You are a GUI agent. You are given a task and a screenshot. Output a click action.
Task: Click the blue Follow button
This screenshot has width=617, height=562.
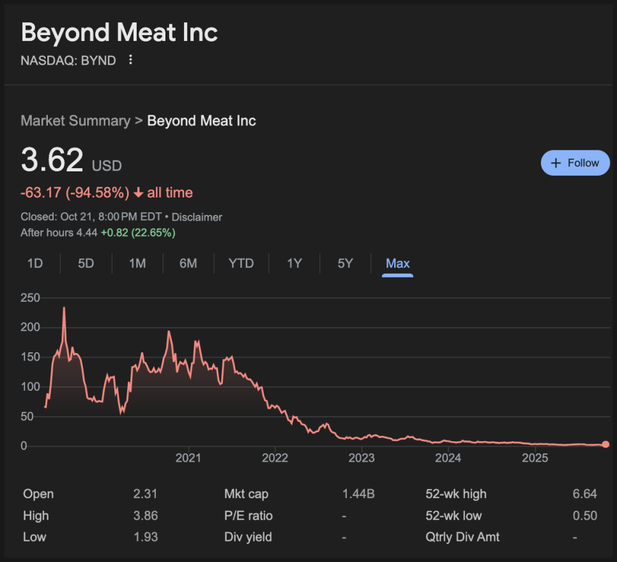coord(575,163)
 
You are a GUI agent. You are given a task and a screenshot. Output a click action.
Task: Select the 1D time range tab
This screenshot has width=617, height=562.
coord(34,263)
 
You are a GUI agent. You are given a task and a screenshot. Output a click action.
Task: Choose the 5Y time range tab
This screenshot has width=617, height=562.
coord(345,263)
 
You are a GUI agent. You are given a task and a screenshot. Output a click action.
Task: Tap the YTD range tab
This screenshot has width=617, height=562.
coord(241,263)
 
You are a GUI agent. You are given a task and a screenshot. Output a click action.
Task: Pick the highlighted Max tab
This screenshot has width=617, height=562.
coord(397,263)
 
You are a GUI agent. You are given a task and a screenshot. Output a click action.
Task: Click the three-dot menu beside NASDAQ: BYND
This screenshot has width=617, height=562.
coord(131,60)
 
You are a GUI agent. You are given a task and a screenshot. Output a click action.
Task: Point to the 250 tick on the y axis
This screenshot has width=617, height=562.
coord(30,298)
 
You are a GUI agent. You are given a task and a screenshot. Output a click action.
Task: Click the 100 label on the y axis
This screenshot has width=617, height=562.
coord(30,387)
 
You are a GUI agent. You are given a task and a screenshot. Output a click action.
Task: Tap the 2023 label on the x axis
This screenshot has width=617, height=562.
coord(362,458)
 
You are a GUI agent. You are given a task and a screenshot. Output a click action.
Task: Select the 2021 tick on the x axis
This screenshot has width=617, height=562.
coord(188,458)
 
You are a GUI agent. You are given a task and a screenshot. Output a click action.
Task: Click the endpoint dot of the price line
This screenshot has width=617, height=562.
coord(606,444)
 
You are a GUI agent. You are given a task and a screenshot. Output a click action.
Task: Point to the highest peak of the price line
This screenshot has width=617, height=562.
coord(64,308)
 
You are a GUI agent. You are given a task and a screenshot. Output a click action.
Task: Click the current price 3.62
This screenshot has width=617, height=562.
coord(52,160)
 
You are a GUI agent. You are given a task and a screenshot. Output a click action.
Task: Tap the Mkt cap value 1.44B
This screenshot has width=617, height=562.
coord(358,494)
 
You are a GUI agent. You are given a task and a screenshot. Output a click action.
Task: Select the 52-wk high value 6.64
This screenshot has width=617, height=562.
coord(585,494)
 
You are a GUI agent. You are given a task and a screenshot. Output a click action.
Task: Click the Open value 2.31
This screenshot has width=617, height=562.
coord(146,494)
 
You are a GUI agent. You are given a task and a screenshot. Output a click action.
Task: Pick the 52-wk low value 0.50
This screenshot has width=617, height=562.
coord(585,516)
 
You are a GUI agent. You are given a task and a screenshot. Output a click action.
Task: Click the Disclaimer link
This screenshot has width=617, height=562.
coord(197,217)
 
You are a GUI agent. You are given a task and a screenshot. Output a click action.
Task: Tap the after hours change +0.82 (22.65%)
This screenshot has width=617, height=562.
coord(137,233)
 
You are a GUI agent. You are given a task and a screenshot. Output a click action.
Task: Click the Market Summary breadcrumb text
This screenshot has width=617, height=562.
coord(75,121)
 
